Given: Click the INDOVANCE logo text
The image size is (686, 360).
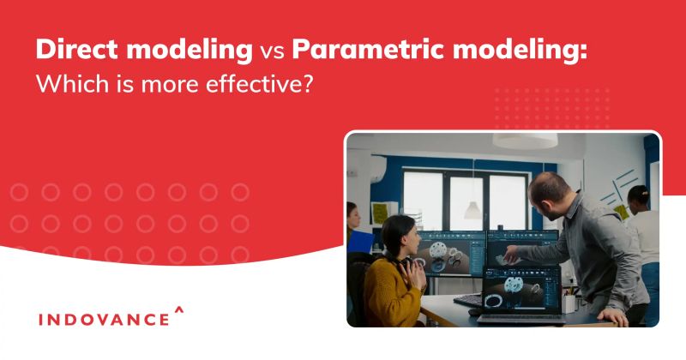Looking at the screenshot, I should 104,319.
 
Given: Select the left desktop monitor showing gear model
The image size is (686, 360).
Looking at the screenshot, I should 449,256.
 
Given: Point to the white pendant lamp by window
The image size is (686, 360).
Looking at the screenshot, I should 473,208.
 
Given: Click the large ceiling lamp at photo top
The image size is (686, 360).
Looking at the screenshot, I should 525,140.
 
